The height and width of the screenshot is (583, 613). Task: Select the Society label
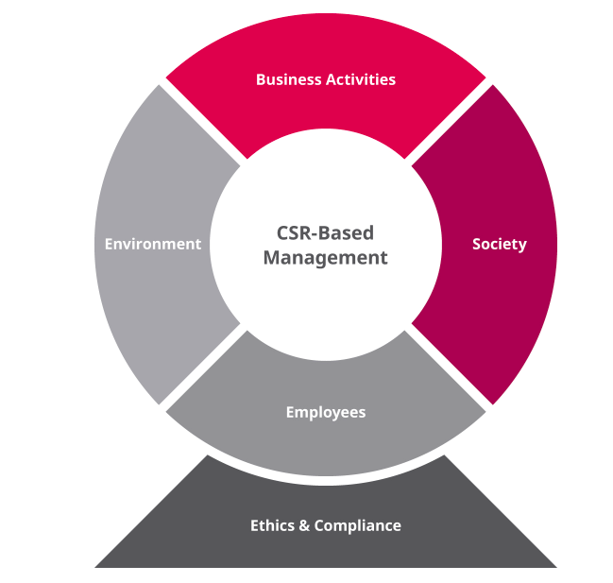click(x=499, y=244)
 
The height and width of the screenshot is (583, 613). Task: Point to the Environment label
click(x=153, y=244)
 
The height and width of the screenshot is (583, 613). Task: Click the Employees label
click(x=326, y=412)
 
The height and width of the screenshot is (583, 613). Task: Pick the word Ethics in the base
click(x=272, y=525)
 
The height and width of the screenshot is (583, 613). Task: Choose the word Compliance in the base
click(x=357, y=525)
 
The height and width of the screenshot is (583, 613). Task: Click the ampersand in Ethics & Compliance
click(x=304, y=525)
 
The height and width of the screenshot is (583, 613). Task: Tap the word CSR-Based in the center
click(x=326, y=232)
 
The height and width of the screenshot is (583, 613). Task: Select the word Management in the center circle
click(x=326, y=257)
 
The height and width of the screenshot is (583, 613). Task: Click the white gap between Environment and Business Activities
click(x=202, y=122)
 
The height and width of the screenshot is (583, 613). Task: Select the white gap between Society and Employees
click(x=450, y=369)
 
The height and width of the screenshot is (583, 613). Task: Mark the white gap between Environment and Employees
click(x=202, y=369)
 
